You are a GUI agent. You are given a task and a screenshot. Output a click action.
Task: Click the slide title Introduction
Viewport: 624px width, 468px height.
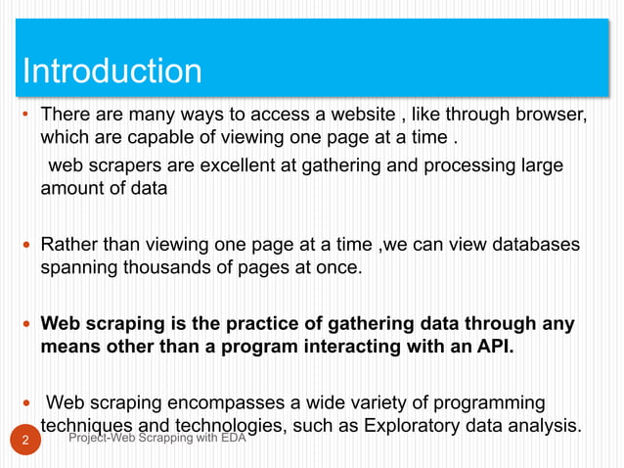(111, 71)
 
